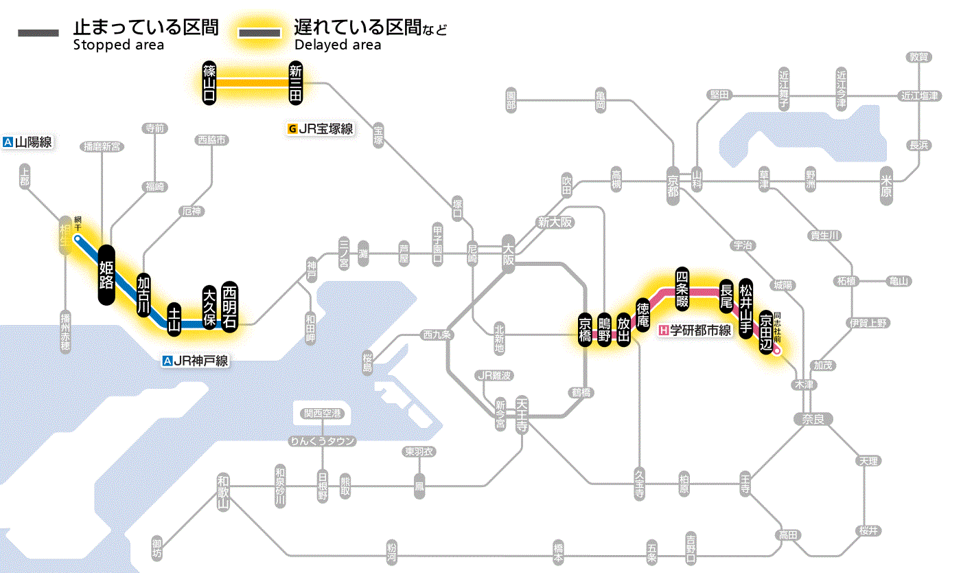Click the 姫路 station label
[x=106, y=274]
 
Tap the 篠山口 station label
[x=209, y=82]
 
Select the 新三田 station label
[x=296, y=82]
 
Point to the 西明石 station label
[x=230, y=306]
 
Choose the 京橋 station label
[x=585, y=330]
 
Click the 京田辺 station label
[x=765, y=332]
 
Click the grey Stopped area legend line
[x=40, y=33]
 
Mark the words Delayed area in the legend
[x=337, y=45]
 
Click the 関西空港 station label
[x=322, y=414]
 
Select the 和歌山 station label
[x=223, y=492]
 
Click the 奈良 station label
[x=813, y=418]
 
